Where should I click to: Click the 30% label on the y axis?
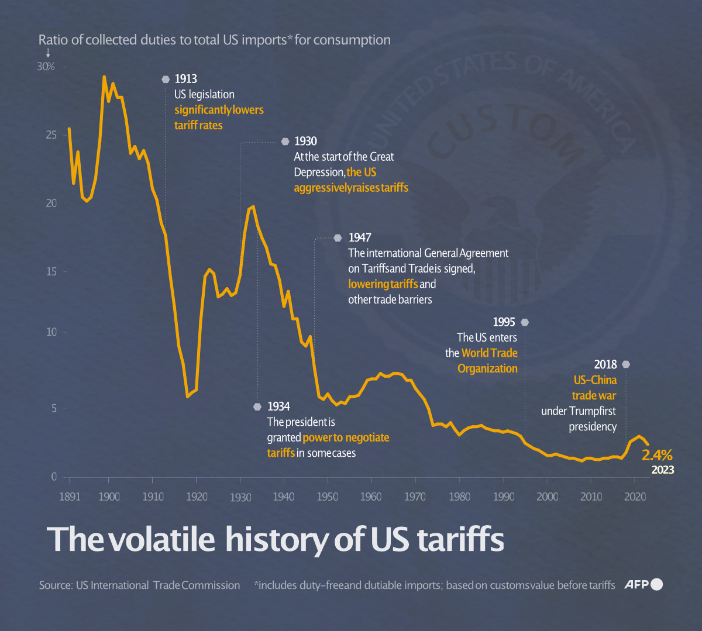point(46,67)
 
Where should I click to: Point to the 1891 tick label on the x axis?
point(70,496)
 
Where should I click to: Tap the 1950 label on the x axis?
point(328,496)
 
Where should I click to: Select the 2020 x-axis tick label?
point(635,496)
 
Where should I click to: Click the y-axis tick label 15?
point(51,271)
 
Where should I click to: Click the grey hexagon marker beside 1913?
point(166,80)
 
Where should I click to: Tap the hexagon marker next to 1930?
point(285,142)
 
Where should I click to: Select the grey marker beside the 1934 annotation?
point(257,406)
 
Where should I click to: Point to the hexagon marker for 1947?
point(338,238)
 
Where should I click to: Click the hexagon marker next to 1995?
point(525,322)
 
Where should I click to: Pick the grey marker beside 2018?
point(626,365)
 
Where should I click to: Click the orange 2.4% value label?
point(657,456)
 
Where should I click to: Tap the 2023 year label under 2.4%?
point(662,470)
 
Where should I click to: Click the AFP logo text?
point(636,584)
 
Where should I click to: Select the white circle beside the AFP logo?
point(656,584)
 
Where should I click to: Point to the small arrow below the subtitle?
point(48,53)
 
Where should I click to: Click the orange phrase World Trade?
point(489,353)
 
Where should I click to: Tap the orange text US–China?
point(595,380)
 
